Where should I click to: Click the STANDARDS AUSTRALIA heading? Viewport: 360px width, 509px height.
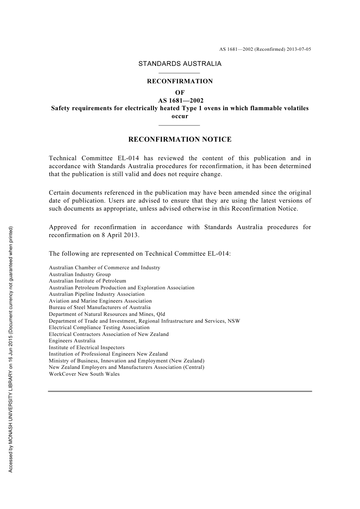(180, 64)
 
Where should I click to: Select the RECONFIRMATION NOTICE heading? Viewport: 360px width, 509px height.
(180, 139)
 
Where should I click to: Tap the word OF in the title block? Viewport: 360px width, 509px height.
(180, 93)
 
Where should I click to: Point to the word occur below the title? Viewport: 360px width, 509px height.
(180, 116)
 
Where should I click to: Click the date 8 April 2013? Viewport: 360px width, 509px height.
(121, 235)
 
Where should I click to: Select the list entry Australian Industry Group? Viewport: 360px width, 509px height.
(80, 275)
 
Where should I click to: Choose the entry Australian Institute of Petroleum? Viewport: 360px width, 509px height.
(87, 281)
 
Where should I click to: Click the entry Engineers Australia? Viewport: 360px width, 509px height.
(72, 341)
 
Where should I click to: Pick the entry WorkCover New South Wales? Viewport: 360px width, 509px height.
(84, 374)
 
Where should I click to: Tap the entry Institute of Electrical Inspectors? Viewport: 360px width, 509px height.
(86, 348)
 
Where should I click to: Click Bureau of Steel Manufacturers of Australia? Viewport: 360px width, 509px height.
(100, 308)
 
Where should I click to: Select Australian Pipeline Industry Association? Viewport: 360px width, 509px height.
(97, 294)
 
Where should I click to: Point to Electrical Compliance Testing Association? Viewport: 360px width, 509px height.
(99, 328)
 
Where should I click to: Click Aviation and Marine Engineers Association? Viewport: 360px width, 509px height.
(100, 301)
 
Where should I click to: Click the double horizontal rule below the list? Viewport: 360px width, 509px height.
(180, 391)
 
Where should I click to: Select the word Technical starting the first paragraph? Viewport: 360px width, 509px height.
(63, 158)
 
